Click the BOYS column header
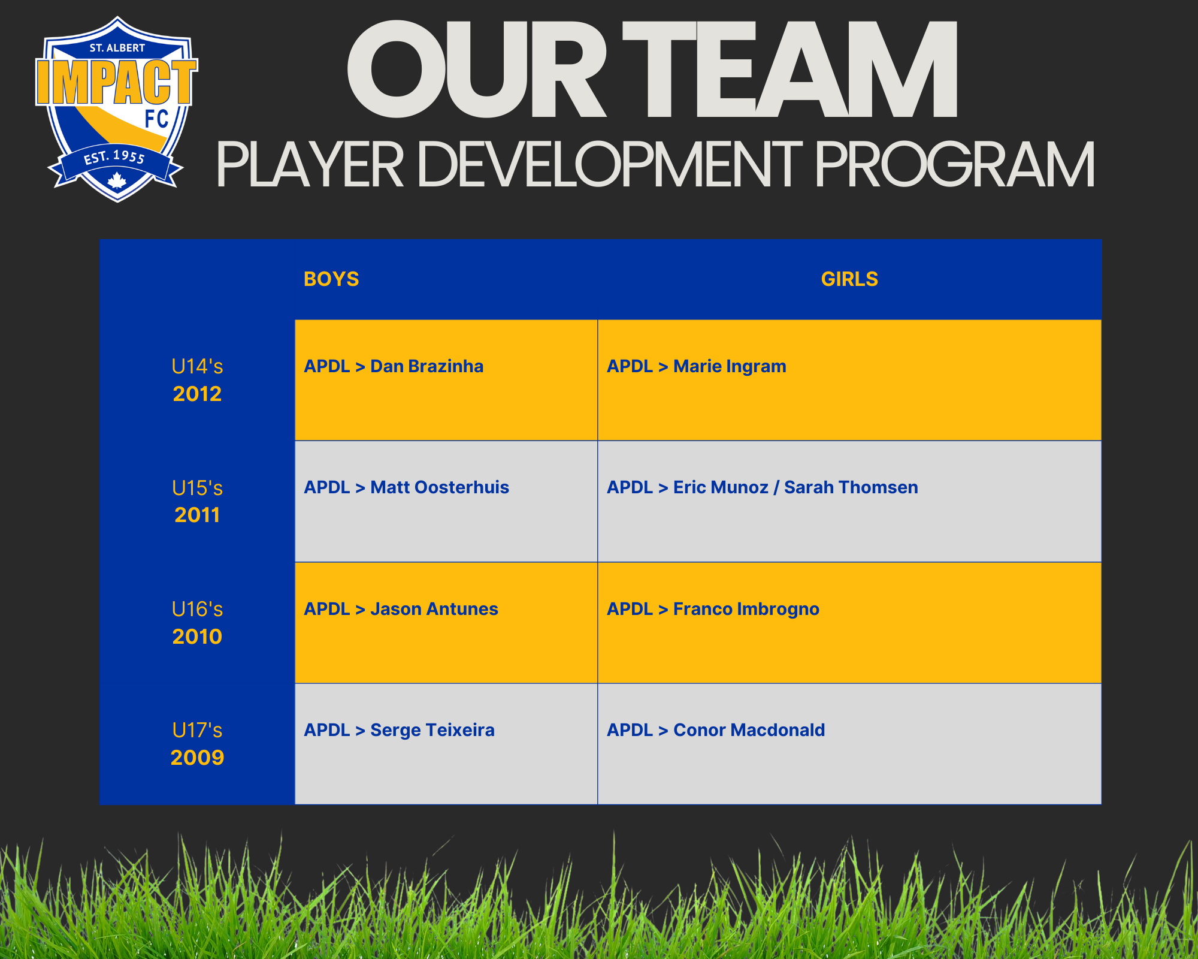[331, 279]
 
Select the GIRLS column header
[849, 279]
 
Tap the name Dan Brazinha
[426, 366]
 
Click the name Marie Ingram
[730, 366]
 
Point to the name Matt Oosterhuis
[440, 487]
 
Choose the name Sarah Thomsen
[851, 487]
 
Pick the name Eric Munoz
[721, 487]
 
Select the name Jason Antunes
[434, 609]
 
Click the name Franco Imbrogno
[746, 609]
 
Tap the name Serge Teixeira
[432, 730]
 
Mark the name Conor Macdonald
[749, 730]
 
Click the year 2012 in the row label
[197, 394]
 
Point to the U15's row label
[197, 488]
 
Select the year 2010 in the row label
[197, 637]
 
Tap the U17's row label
[197, 730]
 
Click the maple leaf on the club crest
[117, 180]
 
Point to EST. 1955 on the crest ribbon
[114, 158]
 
